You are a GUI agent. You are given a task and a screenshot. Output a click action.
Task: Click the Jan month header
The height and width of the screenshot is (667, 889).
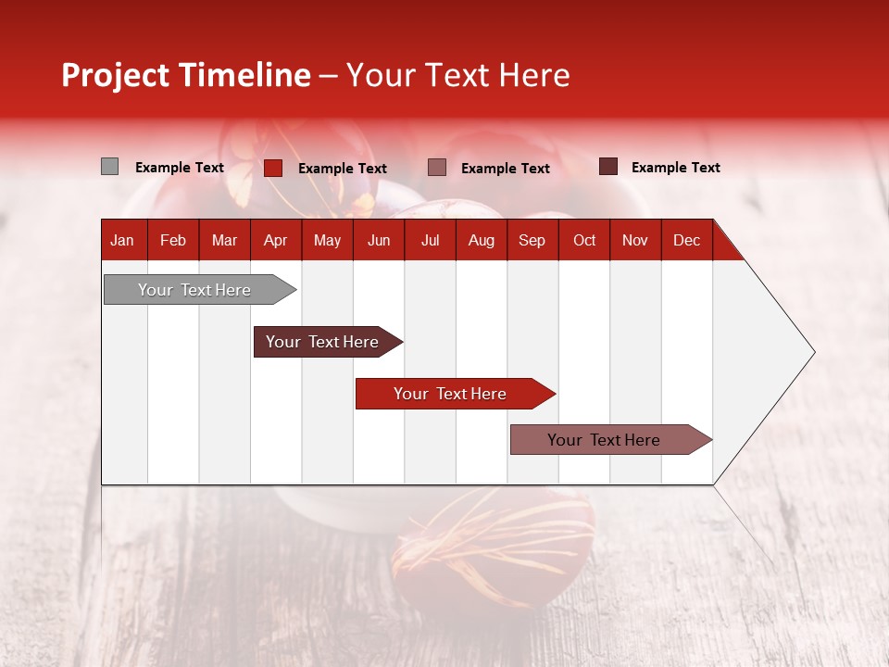point(122,241)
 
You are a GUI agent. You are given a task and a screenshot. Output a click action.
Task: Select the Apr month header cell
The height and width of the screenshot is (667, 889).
point(275,241)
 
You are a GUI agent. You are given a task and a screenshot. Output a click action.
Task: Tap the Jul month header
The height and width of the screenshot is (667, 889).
point(430,241)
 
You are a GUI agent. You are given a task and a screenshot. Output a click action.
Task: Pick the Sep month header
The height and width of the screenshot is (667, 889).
point(532,241)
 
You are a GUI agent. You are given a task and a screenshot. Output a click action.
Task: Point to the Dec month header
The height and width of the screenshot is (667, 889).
point(686,241)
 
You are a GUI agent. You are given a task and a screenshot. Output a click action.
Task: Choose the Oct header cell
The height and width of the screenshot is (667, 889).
point(584,241)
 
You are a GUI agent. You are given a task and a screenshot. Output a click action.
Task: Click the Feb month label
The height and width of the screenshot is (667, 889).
point(173,241)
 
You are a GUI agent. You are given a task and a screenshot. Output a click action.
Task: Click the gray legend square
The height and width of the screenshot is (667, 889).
point(109,167)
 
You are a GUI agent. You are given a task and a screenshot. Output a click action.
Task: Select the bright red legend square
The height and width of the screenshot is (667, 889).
point(273,168)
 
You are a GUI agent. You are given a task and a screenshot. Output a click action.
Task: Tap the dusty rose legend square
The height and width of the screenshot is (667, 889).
point(437,168)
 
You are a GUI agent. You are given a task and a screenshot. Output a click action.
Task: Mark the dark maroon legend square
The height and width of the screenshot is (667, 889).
point(607,167)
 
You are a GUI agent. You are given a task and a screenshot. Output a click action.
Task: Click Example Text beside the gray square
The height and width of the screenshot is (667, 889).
point(180,168)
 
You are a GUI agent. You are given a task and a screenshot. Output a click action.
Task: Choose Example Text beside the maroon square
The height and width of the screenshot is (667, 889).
point(676,168)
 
